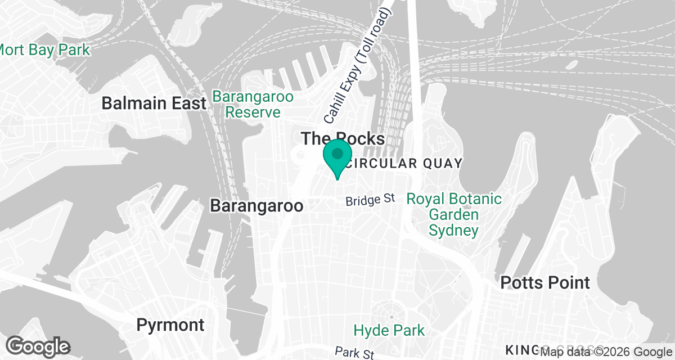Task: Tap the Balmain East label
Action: (154, 103)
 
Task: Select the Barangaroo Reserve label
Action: (253, 105)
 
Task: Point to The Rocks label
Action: (343, 139)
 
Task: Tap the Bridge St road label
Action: (371, 200)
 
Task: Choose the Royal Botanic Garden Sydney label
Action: (453, 214)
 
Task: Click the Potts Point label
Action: (545, 282)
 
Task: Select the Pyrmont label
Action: (171, 325)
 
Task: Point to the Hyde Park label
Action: (389, 330)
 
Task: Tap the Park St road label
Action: (354, 353)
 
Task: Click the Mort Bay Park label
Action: (44, 50)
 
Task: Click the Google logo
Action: (38, 345)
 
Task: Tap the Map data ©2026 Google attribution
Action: (606, 352)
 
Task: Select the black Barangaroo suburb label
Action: (256, 205)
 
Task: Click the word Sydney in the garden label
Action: (453, 230)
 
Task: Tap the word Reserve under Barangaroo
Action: (253, 112)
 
